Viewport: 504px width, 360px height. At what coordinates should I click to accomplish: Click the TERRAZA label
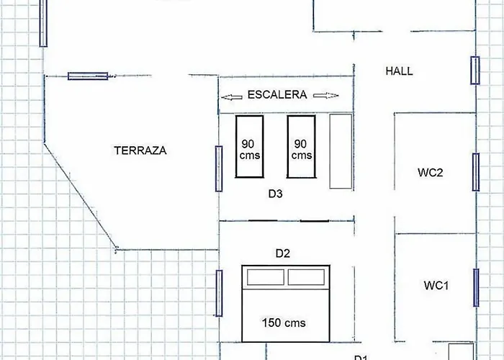(140, 150)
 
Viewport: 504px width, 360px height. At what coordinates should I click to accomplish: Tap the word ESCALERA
(277, 95)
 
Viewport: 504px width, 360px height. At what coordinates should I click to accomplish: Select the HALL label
(399, 71)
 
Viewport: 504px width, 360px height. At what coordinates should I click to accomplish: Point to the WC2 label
(431, 173)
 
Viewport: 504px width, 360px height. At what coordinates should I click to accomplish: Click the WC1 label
(436, 285)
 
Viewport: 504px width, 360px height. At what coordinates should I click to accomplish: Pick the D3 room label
(276, 194)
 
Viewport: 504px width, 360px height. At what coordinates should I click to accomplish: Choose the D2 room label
(283, 253)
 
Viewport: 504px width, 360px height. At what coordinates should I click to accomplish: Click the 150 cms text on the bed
(284, 323)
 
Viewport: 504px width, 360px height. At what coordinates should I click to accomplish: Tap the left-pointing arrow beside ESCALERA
(232, 97)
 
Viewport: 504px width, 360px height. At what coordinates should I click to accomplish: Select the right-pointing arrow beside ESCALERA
(326, 96)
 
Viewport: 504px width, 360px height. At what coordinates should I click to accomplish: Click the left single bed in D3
(249, 147)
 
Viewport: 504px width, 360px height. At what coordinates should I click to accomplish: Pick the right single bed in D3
(301, 147)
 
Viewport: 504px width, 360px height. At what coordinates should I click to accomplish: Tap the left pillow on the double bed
(266, 277)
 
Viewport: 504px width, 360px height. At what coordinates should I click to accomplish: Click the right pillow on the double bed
(306, 277)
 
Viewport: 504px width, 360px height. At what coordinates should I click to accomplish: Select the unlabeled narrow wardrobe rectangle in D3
(341, 151)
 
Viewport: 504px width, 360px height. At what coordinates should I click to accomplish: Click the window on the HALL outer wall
(475, 71)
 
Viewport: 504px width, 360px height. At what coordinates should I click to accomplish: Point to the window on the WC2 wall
(476, 172)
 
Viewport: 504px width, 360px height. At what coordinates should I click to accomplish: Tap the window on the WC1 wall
(476, 288)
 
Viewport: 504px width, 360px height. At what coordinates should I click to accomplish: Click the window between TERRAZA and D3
(219, 168)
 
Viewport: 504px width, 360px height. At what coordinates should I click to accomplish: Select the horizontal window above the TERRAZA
(88, 76)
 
